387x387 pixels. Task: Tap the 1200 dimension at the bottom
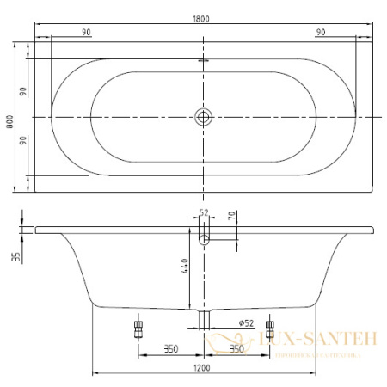pos(203,368)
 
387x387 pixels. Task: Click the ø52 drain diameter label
pos(222,322)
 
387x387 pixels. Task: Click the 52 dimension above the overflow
pos(204,212)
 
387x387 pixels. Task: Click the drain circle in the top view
pos(204,115)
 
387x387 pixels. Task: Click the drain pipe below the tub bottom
pos(204,320)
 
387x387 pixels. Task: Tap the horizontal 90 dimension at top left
pos(87,32)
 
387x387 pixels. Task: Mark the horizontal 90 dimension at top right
pos(320,32)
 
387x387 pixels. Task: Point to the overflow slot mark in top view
pos(204,61)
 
